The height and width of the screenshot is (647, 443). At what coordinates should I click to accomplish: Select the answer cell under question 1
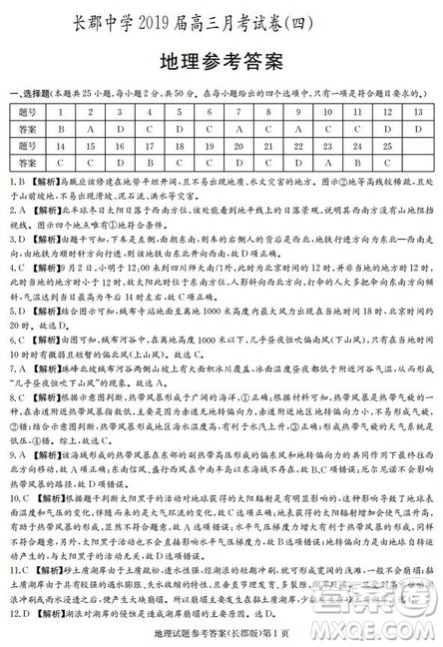pyautogui.click(x=62, y=129)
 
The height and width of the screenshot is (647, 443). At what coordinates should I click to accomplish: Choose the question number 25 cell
pyautogui.click(x=386, y=146)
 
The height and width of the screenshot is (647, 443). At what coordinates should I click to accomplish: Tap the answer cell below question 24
pyautogui.click(x=356, y=162)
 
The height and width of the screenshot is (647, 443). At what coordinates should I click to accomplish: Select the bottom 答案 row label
pyautogui.click(x=28, y=162)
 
